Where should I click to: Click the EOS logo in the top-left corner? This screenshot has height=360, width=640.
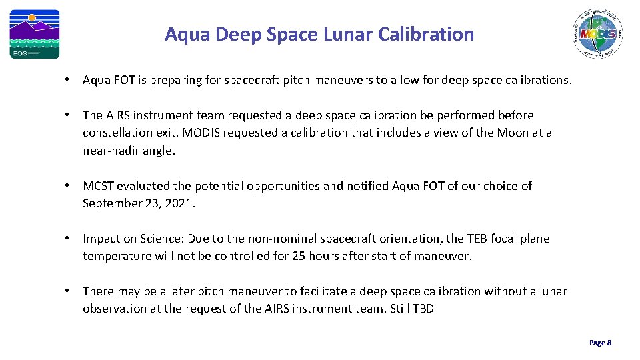point(34,34)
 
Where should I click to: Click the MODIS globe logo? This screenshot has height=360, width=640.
point(598,35)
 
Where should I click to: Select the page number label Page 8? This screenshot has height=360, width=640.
point(600,343)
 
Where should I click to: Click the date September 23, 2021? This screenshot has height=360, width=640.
point(139,203)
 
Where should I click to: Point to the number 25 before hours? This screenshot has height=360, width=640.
point(298,256)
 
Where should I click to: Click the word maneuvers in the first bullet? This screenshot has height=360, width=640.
point(345,80)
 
